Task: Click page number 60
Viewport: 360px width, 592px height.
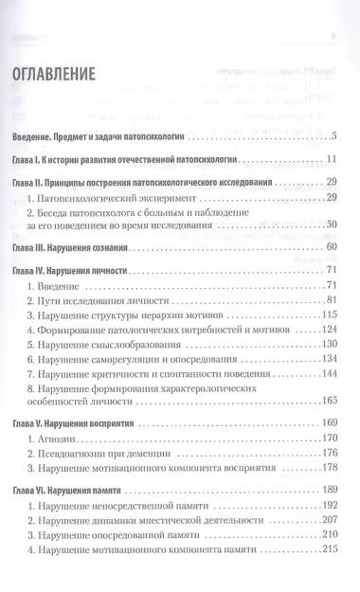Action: (333, 246)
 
